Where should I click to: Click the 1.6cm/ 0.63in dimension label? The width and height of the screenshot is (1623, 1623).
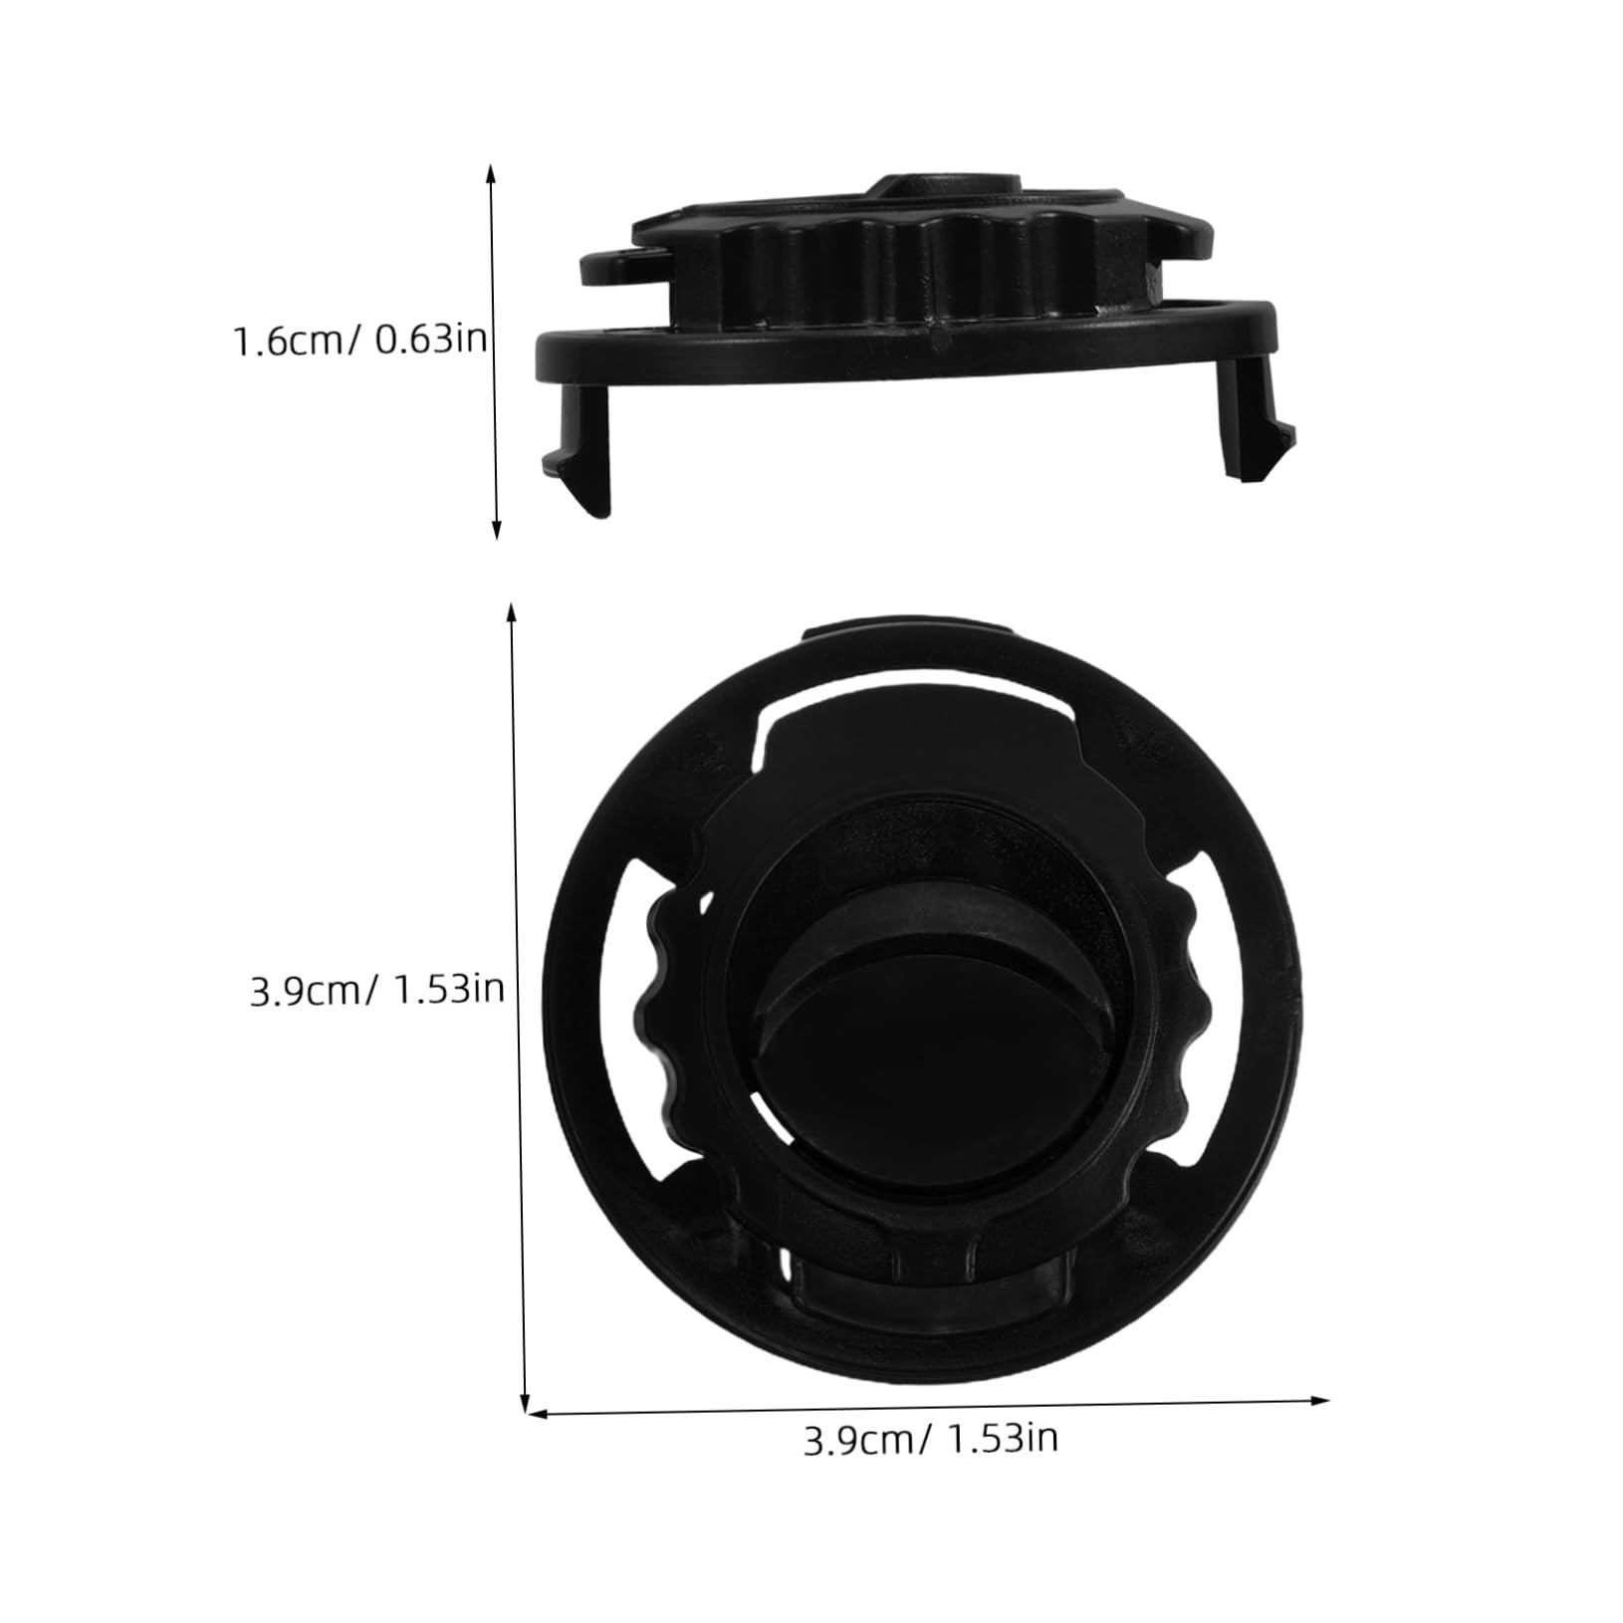point(359,342)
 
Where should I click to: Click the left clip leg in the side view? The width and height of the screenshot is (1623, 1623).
point(580,448)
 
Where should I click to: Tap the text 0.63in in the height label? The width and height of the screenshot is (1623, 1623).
point(430,342)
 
